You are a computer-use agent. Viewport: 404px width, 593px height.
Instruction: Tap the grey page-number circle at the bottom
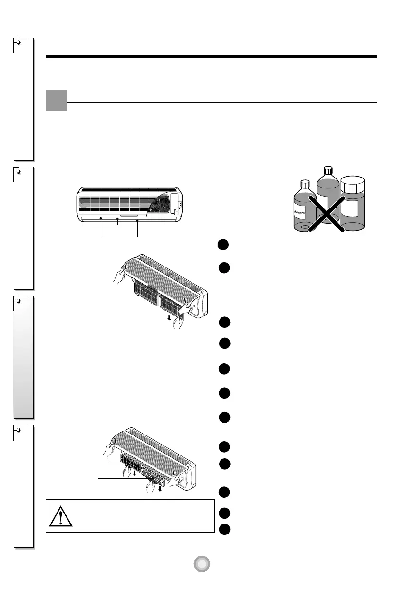(202, 564)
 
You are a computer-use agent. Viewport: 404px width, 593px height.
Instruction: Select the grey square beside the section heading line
(56, 101)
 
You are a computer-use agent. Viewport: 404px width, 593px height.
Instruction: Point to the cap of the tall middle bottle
(327, 170)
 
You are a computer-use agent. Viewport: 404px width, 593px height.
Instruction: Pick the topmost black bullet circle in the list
(225, 245)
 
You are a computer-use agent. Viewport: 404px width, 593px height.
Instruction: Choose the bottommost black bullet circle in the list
(225, 529)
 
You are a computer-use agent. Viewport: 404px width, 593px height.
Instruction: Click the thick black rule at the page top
(211, 57)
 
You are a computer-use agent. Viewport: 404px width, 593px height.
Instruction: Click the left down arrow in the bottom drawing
(135, 474)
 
